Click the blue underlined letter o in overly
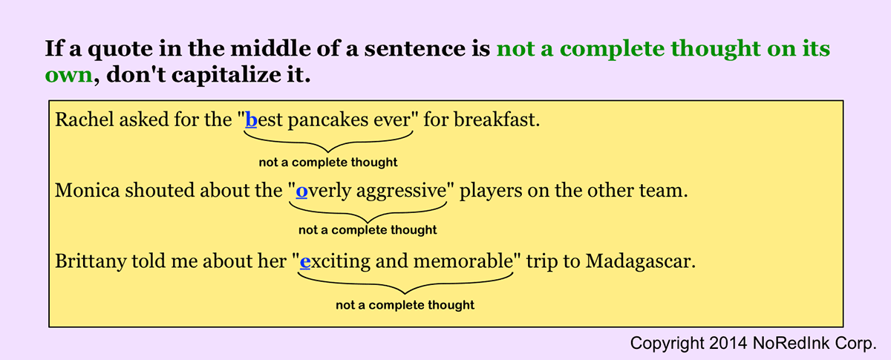click(x=301, y=191)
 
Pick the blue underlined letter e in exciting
click(x=304, y=262)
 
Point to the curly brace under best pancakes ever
click(x=328, y=143)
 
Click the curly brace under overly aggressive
click(x=368, y=212)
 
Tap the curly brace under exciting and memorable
click(x=405, y=284)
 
